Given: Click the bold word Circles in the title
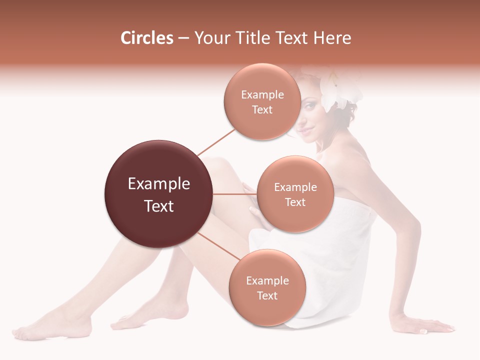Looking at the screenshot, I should [146, 38].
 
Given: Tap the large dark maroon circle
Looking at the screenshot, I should [159, 194].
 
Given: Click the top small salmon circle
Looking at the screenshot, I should [262, 102].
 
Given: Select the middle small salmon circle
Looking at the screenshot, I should [295, 194].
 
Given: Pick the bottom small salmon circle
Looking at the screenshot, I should [267, 288].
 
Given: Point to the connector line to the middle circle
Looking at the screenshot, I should [235, 194].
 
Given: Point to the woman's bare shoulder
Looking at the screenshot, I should [350, 160].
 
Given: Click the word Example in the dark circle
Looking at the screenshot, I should [159, 184].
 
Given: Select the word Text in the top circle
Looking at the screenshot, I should [262, 110].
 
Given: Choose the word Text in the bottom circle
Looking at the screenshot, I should [267, 296].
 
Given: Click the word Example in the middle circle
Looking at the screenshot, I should [295, 187].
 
